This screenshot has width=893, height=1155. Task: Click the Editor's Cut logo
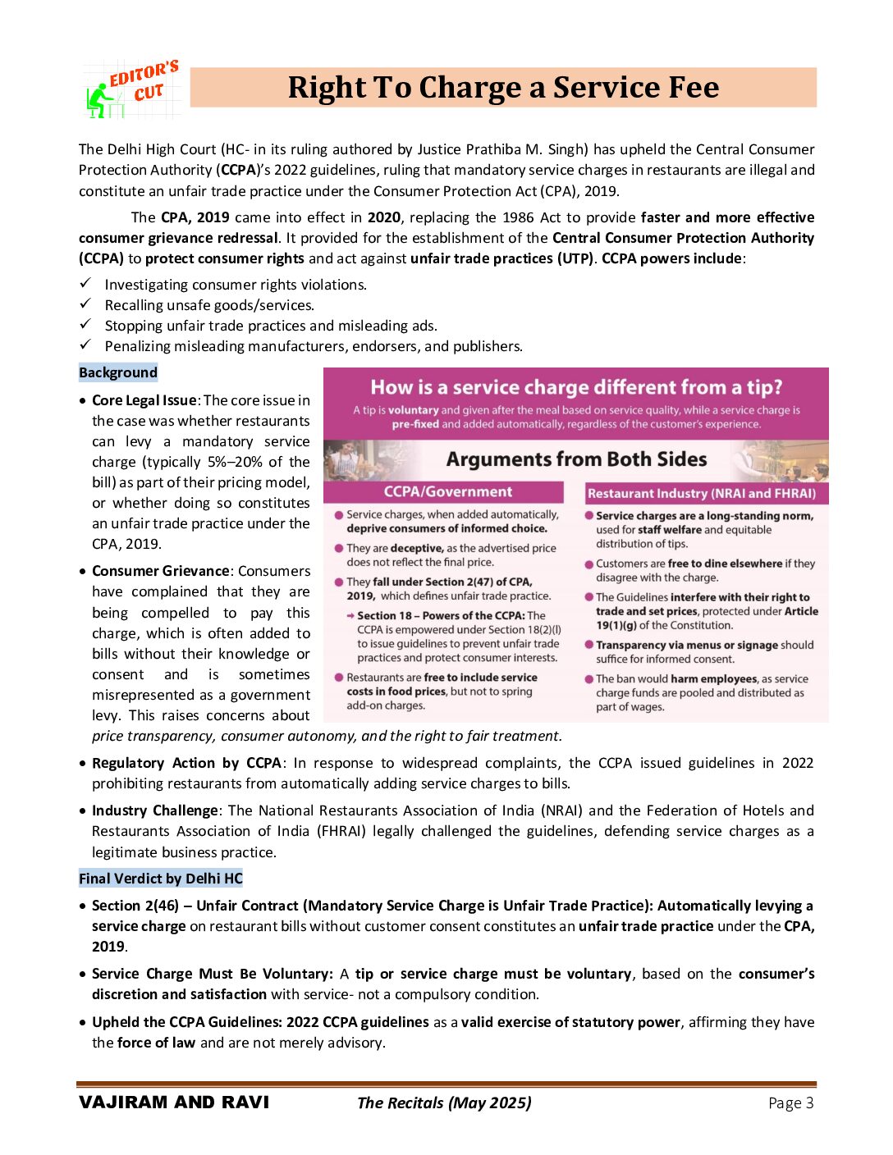click(132, 89)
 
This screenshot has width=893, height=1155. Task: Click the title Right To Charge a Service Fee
click(503, 88)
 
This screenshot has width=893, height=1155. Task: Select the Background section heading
click(118, 372)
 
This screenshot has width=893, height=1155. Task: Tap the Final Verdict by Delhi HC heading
click(161, 879)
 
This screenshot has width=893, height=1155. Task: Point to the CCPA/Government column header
click(447, 492)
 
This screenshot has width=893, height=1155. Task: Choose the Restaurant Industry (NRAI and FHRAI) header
click(702, 493)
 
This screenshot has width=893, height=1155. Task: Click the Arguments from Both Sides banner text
click(576, 459)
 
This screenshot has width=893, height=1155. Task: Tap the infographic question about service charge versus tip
click(576, 387)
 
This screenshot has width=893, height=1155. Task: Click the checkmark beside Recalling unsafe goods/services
click(85, 304)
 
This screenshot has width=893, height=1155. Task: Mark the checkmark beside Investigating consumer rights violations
click(85, 284)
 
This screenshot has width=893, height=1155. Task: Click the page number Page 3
click(790, 1102)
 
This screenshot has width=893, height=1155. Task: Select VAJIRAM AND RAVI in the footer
click(174, 1102)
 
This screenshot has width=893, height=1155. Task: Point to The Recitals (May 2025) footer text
click(444, 1102)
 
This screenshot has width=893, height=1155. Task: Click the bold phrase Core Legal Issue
click(144, 400)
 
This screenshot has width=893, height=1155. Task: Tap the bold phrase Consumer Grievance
click(161, 571)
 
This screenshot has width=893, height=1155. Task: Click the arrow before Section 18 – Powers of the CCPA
click(350, 615)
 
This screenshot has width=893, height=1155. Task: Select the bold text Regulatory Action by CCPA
click(186, 763)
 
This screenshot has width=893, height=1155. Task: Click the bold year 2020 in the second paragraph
click(383, 217)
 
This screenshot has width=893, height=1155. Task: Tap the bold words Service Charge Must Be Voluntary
click(211, 974)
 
